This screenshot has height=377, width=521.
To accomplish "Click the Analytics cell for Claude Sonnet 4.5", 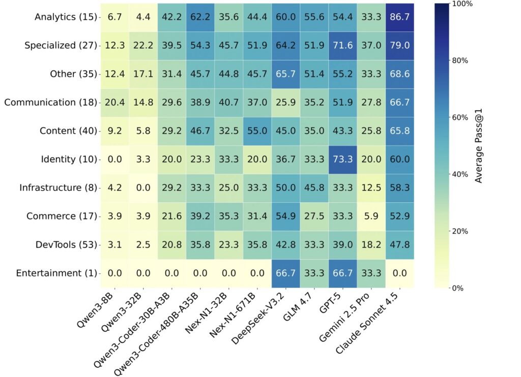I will click(x=399, y=17).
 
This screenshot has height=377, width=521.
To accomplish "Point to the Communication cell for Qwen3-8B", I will click(x=114, y=103).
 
